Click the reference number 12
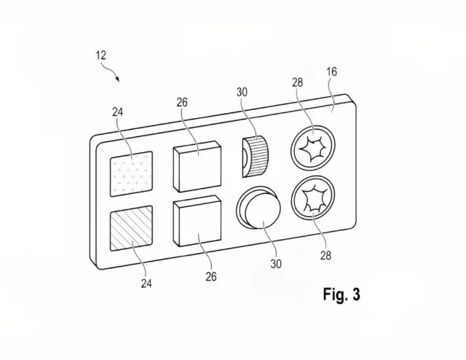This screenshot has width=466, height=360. [101, 55]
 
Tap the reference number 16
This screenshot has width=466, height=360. [332, 71]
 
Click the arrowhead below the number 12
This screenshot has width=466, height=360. [118, 79]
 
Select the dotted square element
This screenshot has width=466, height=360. [131, 174]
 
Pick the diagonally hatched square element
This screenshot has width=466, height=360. [131, 228]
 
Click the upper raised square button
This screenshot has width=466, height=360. [197, 166]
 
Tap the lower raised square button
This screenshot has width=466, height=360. [197, 221]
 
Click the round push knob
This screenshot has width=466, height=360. [258, 208]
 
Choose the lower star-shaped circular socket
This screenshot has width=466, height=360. [313, 198]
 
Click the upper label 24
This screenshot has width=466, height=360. [117, 112]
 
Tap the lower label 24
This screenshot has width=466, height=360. [146, 283]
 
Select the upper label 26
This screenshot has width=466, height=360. [182, 103]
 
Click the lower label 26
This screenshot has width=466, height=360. [211, 277]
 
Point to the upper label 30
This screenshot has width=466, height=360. [242, 93]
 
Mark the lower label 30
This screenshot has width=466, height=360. [276, 264]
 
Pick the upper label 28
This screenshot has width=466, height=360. [298, 82]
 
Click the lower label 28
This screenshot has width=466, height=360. [325, 255]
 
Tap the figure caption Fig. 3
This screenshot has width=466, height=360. [341, 294]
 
